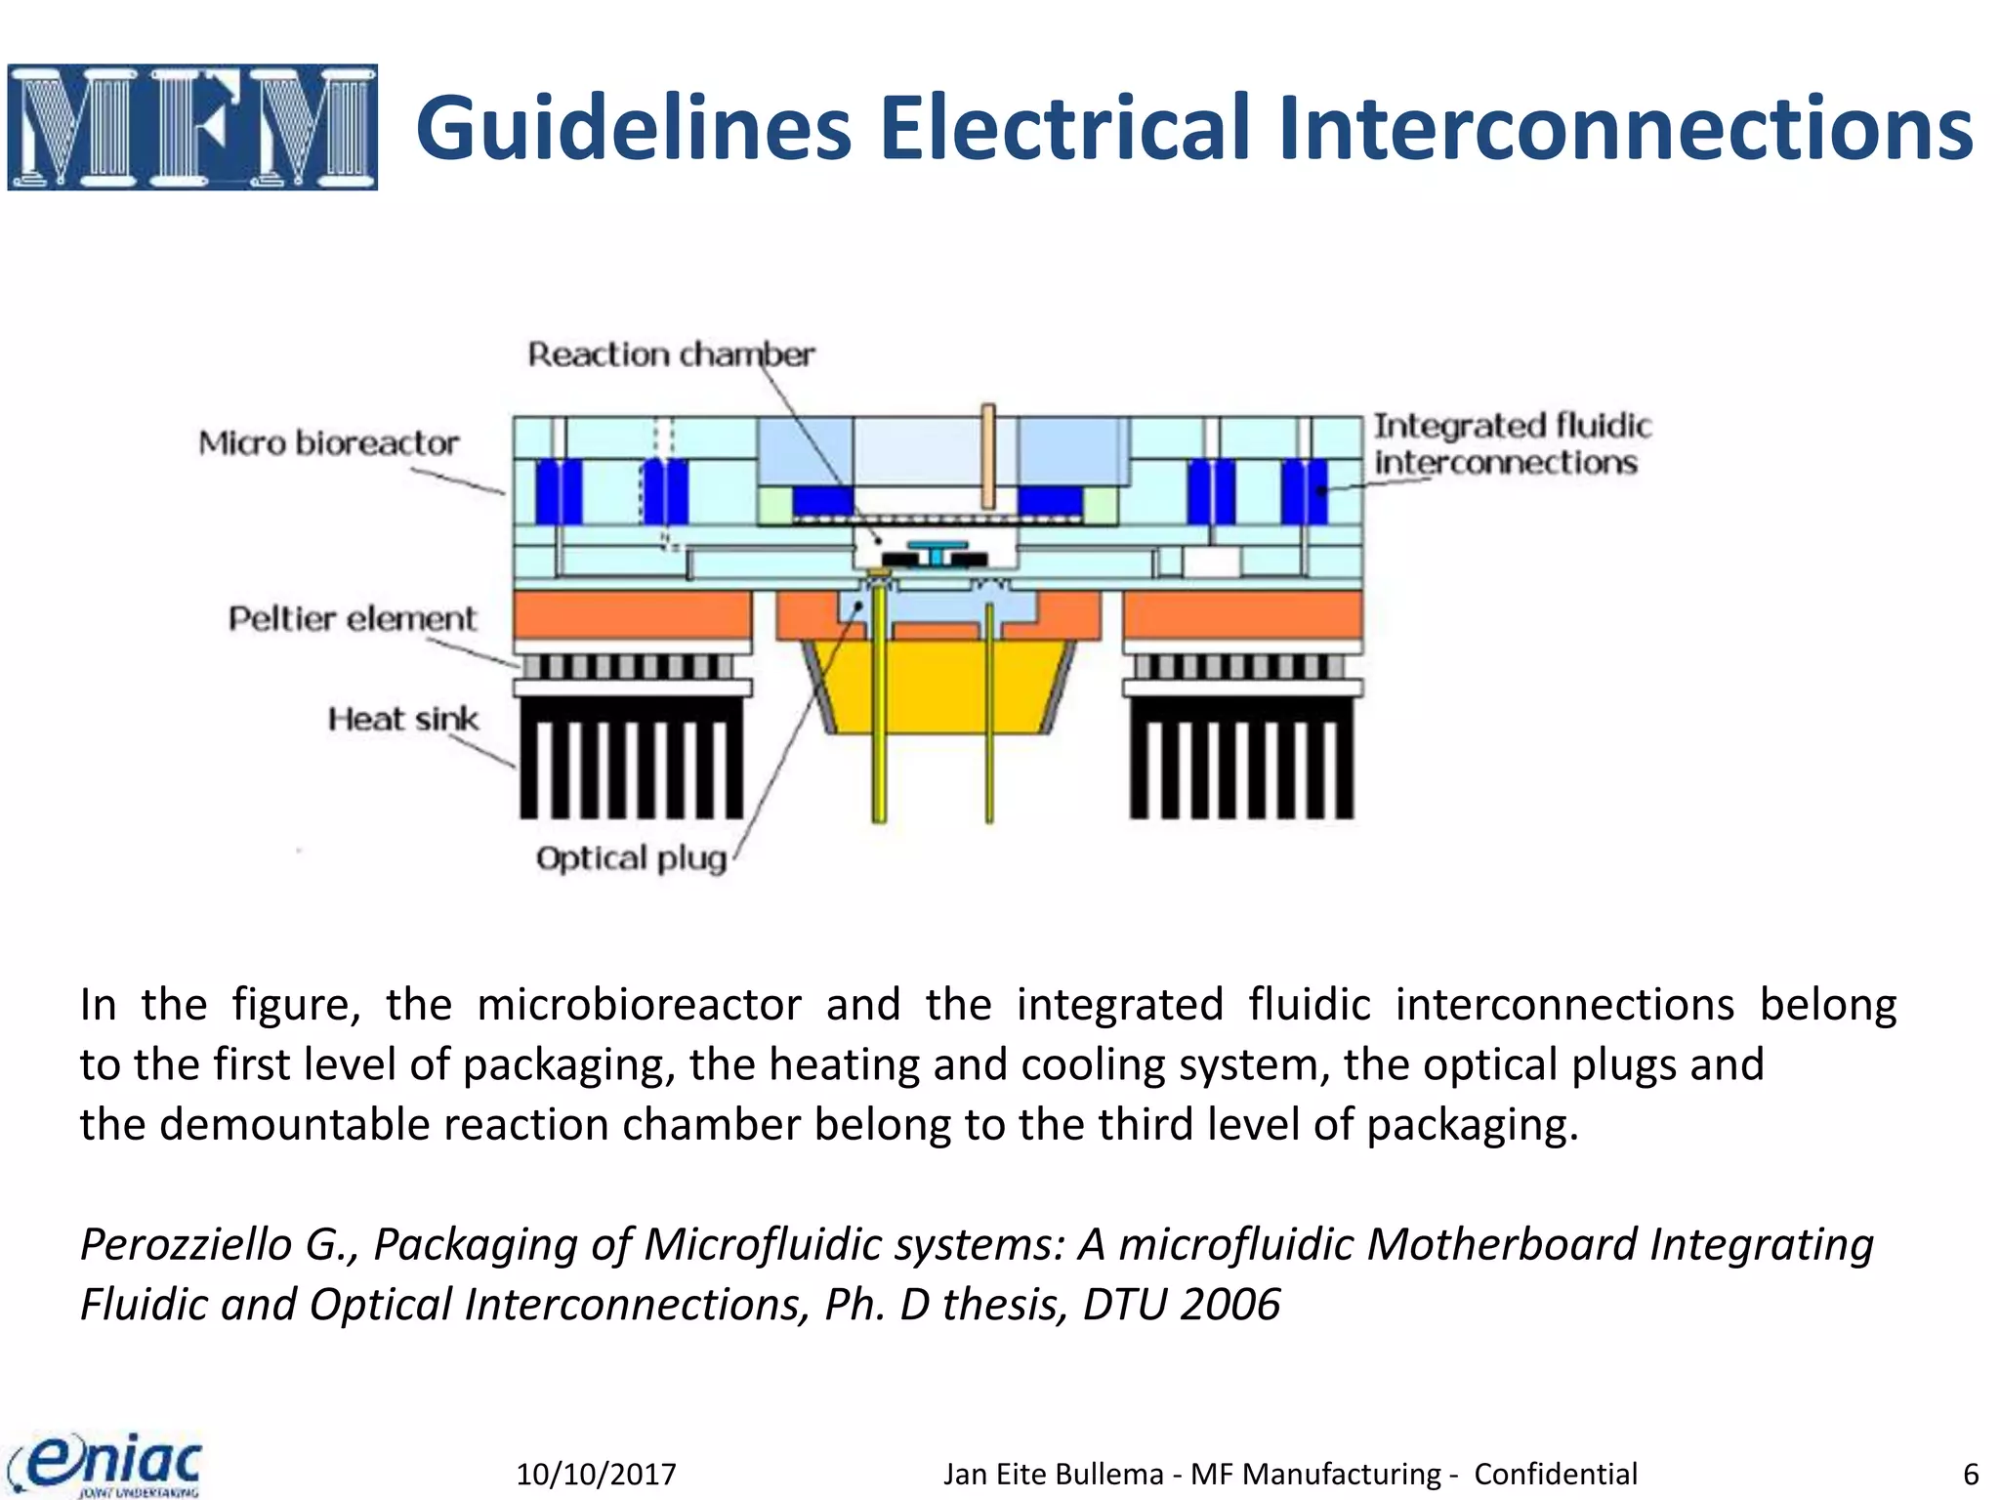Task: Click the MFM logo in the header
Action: pos(192,127)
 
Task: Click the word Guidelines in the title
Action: pos(635,129)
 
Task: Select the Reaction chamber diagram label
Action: pos(671,354)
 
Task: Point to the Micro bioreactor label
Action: pos(328,443)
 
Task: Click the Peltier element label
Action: pos(353,619)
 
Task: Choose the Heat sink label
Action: pos(402,720)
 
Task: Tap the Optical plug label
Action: pos(631,858)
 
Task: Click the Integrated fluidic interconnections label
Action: pos(1511,444)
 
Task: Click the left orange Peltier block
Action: pos(632,614)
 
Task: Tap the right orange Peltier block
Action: pos(1242,614)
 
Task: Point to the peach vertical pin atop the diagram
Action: pos(988,455)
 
